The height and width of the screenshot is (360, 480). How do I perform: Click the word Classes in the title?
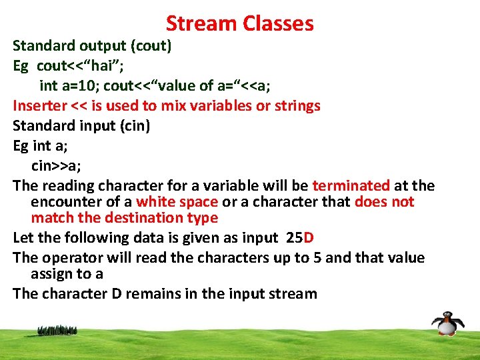[x=278, y=24]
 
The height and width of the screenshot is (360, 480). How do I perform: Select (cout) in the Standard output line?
[x=151, y=46]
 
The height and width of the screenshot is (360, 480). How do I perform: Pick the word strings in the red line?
[x=295, y=105]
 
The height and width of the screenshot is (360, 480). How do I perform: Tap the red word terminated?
[x=351, y=185]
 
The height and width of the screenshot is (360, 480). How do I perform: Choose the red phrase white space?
[x=177, y=202]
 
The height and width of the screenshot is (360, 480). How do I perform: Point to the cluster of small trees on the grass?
[x=57, y=329]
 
